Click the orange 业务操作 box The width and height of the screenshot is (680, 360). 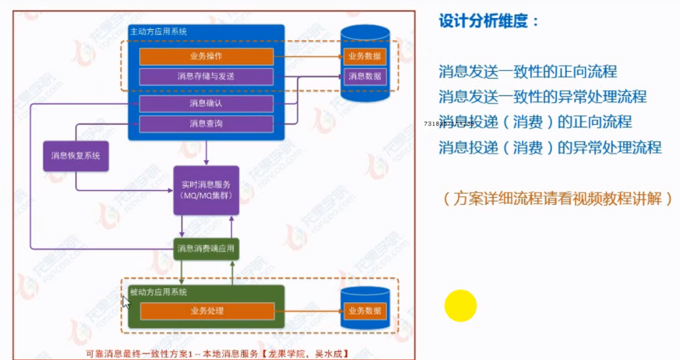[x=206, y=56]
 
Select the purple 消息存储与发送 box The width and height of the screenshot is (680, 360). [x=206, y=76]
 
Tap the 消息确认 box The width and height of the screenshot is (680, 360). [x=206, y=103]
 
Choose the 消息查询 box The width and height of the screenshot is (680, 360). [x=206, y=123]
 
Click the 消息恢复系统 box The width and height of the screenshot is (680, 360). [x=76, y=156]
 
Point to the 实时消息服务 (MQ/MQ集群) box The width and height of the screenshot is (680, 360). [x=206, y=190]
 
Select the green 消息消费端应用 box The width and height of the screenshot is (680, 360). [x=206, y=249]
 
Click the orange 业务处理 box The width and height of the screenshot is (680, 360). [x=207, y=311]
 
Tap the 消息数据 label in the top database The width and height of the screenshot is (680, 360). [x=365, y=76]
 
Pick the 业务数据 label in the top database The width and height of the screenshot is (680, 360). [x=365, y=56]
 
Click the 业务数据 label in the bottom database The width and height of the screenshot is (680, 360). [x=365, y=310]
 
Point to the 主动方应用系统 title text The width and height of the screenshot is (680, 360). [x=159, y=31]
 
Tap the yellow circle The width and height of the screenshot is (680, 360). [x=461, y=306]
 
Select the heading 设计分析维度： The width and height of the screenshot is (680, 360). [x=489, y=21]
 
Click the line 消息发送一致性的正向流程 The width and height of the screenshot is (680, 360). [x=528, y=71]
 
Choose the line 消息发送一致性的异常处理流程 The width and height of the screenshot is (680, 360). [x=542, y=97]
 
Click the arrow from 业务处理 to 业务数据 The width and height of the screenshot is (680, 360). [x=308, y=311]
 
